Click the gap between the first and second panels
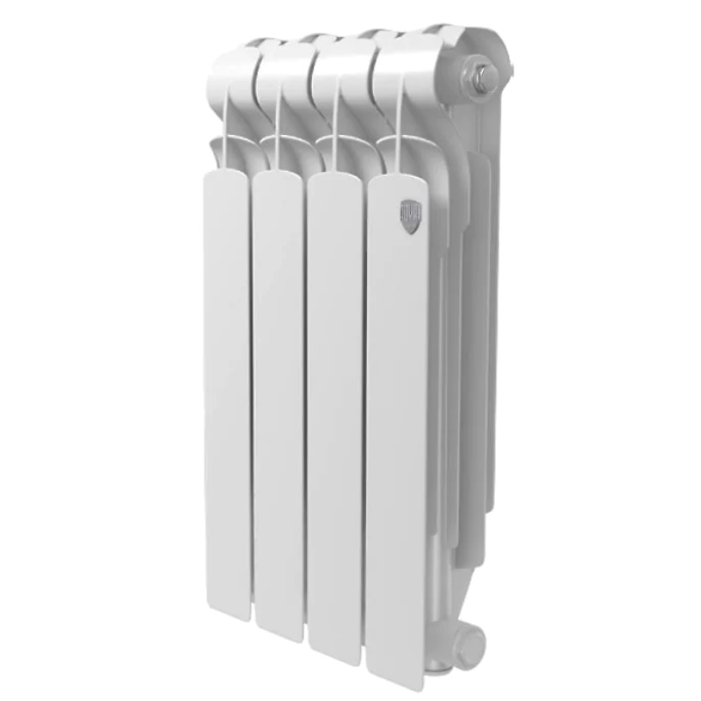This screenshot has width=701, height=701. coord(251,394)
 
